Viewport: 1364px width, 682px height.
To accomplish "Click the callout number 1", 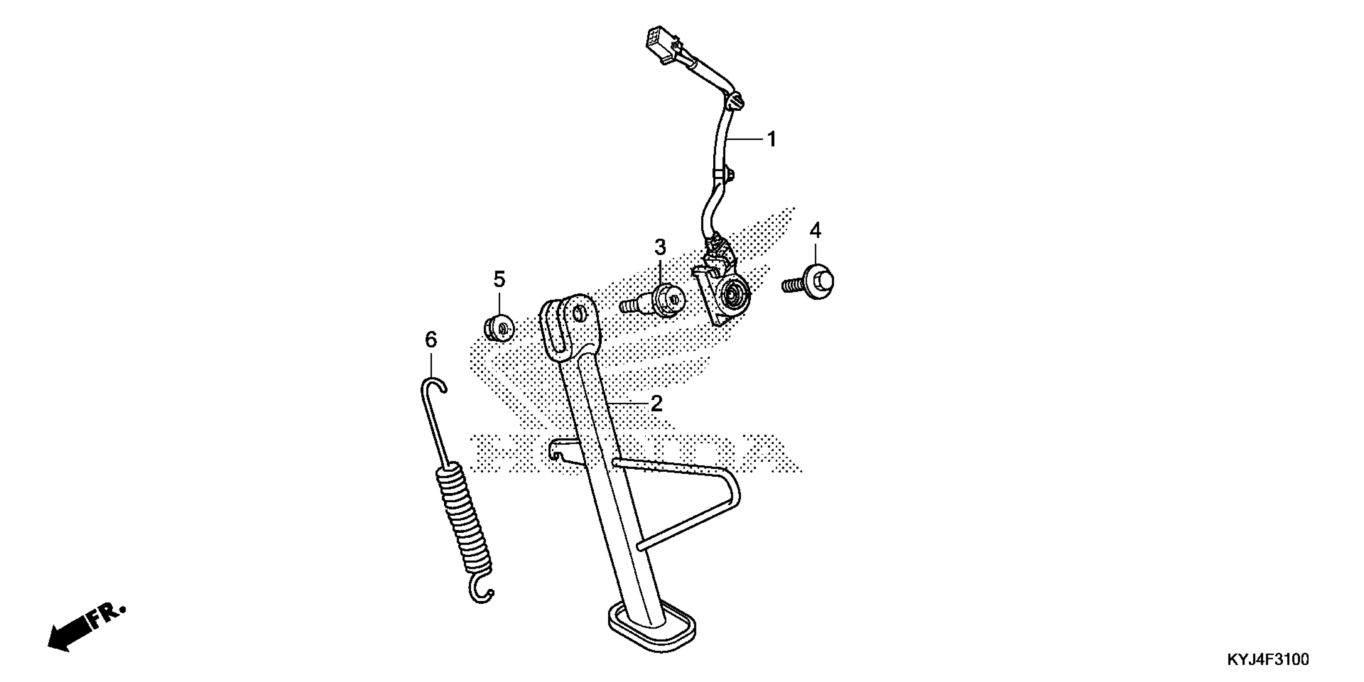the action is point(771,140).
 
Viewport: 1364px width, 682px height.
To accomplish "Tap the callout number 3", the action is point(660,247).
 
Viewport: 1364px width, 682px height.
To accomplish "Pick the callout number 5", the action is point(499,279).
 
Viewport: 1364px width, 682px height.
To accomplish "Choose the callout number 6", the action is point(431,339).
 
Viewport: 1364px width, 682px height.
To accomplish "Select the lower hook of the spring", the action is point(482,594).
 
